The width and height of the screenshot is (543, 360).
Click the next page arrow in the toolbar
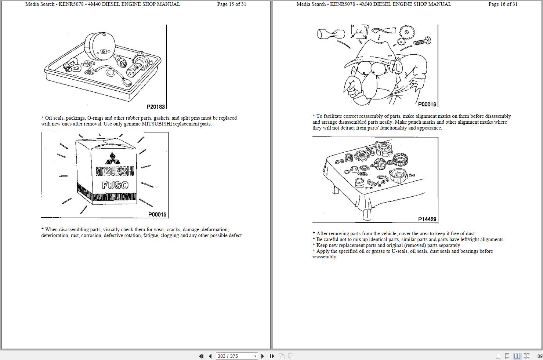263,356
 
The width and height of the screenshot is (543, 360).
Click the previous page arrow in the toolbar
210,356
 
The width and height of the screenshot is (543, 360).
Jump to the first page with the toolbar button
201,356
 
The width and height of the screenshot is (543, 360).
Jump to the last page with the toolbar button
272,356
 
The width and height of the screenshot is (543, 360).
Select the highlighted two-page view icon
517,356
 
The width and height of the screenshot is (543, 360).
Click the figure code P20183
156,107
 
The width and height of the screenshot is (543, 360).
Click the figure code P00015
157,214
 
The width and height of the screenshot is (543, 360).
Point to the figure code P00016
427,104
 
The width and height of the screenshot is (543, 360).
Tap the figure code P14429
427,219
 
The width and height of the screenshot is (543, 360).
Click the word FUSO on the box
115,185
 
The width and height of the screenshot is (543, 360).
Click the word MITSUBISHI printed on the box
115,171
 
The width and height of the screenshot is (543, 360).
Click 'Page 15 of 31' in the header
231,4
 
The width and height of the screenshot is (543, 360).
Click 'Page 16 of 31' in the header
503,4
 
